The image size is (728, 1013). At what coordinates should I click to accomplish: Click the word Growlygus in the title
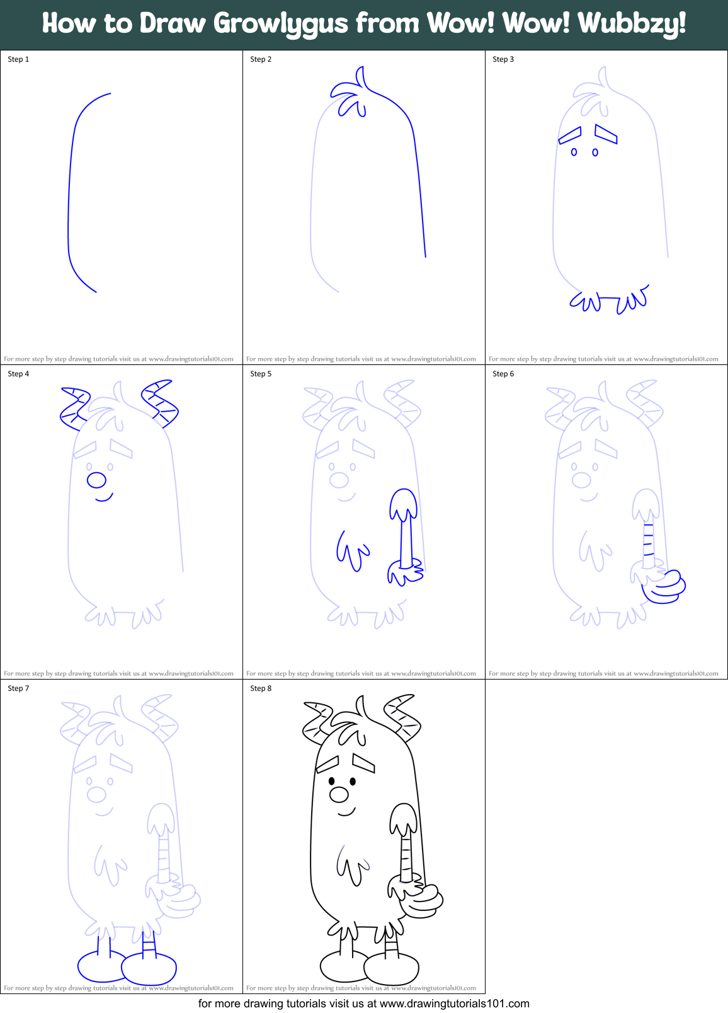(x=280, y=24)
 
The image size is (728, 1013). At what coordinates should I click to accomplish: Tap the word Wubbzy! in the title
(x=632, y=24)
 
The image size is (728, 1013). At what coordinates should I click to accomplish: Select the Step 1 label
(x=18, y=59)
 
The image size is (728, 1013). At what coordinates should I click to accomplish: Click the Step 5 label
(x=261, y=374)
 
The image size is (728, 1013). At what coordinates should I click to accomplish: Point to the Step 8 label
(x=261, y=688)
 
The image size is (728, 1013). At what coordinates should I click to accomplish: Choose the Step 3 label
(x=503, y=59)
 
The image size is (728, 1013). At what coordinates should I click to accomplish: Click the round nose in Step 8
(x=339, y=794)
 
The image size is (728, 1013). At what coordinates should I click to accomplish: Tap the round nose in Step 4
(x=96, y=480)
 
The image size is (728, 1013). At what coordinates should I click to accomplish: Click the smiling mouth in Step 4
(x=104, y=498)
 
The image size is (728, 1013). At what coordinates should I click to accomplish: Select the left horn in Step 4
(x=75, y=408)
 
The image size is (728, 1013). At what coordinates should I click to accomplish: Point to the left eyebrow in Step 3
(x=570, y=136)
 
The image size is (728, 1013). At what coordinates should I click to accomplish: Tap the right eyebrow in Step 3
(x=606, y=134)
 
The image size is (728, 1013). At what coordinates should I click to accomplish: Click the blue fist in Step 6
(x=664, y=586)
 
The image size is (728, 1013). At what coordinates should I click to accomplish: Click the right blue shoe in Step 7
(x=149, y=969)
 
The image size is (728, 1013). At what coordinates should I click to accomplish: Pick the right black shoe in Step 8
(x=392, y=968)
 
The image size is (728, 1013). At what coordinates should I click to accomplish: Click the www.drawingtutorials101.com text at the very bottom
(x=454, y=1004)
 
